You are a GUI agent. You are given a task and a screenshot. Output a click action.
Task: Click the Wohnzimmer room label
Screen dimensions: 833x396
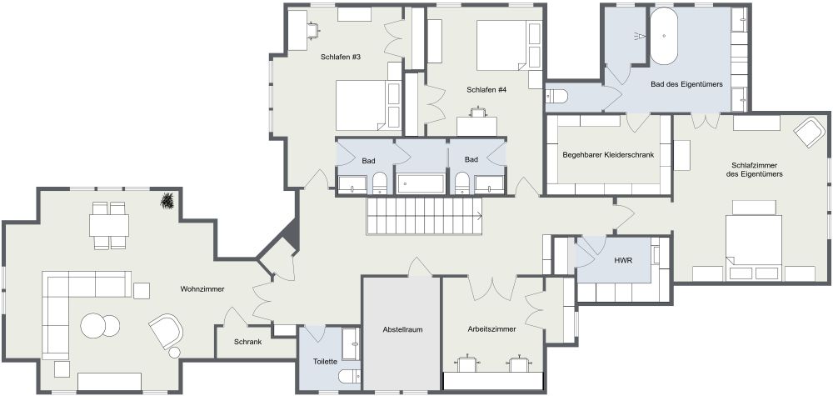[202, 289]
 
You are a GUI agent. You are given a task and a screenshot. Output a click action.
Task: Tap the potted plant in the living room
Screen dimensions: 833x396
[168, 201]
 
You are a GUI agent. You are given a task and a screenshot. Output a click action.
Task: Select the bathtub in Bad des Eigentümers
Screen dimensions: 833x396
[664, 36]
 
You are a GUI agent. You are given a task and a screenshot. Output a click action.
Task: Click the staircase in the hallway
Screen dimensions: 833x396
[425, 216]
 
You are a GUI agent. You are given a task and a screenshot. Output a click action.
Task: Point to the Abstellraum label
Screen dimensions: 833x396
[402, 329]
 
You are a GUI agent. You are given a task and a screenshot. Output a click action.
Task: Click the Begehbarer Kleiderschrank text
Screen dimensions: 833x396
[608, 155]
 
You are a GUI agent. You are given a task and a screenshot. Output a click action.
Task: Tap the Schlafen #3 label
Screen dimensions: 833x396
[341, 57]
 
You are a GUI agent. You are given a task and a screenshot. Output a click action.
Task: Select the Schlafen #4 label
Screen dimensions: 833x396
[486, 90]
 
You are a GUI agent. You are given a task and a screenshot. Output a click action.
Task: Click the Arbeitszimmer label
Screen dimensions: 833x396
[492, 329]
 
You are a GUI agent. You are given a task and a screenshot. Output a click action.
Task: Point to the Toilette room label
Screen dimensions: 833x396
[325, 362]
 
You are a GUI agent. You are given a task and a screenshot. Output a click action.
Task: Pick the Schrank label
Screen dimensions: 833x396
[247, 342]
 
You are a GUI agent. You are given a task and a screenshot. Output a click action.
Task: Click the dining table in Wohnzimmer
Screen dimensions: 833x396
[109, 225]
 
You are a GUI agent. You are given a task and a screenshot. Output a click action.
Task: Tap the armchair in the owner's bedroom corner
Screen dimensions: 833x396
[809, 132]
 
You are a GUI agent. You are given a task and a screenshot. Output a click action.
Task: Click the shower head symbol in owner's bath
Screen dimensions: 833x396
[640, 36]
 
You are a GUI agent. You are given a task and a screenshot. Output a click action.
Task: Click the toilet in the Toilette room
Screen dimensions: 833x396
[350, 376]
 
